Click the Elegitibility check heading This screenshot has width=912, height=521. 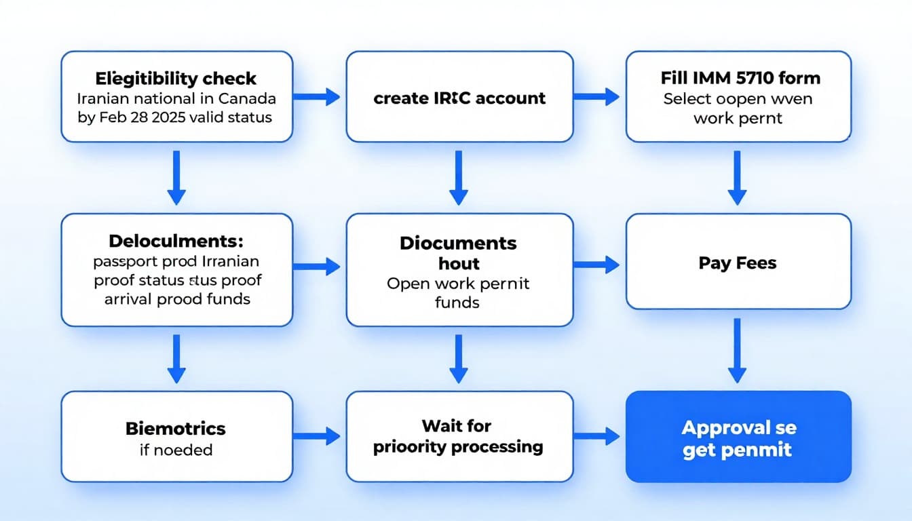(176, 79)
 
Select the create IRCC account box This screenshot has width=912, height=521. (459, 97)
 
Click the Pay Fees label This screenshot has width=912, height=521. (738, 263)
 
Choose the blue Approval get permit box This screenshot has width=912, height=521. (738, 438)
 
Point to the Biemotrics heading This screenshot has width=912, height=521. (176, 428)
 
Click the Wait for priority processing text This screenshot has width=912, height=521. (458, 436)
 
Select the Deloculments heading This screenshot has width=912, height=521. (176, 241)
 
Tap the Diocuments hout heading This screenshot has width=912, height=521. (458, 253)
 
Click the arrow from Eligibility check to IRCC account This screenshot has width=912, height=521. (319, 97)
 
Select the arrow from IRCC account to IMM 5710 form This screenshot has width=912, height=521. (597, 97)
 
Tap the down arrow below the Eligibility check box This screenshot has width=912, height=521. (176, 178)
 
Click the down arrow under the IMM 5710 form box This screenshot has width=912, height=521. (737, 178)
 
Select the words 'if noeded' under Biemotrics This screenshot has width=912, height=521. (176, 449)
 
